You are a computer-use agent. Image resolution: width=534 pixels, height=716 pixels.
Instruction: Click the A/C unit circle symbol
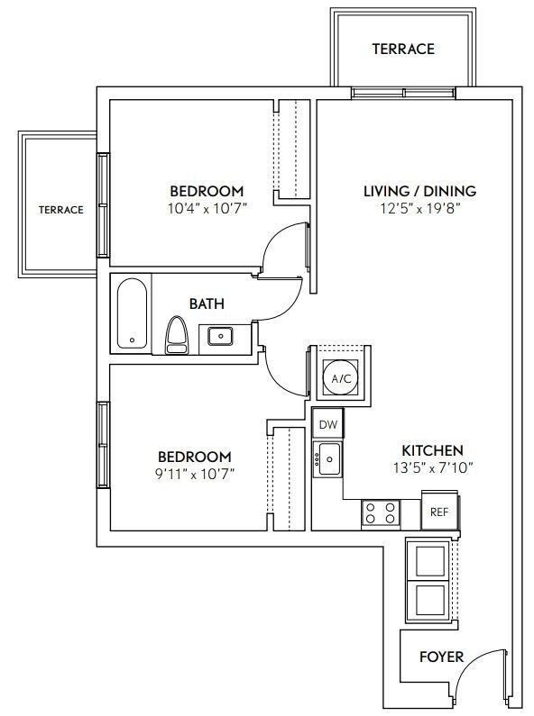341,378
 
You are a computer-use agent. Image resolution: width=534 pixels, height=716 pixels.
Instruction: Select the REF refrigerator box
439,512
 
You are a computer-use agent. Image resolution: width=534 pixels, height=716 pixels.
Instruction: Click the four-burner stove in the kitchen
381,513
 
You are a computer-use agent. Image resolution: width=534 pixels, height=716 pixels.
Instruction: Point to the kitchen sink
328,459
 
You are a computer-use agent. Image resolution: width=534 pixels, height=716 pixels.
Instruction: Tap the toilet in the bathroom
176,334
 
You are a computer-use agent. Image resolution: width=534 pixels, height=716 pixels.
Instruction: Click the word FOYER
441,657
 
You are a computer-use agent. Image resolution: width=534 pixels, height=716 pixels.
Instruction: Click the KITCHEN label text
432,449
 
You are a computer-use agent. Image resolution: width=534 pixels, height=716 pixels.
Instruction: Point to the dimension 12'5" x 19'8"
419,208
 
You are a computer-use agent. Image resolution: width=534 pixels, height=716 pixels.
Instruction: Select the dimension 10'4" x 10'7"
207,208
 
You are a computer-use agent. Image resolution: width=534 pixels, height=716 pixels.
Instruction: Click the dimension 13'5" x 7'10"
432,467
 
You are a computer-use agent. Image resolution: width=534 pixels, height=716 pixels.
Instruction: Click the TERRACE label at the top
402,49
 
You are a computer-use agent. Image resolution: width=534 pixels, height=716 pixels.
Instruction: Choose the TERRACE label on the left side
60,210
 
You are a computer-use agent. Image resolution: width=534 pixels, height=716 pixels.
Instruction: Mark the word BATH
207,304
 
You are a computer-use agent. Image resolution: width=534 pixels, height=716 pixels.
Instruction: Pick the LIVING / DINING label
419,191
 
